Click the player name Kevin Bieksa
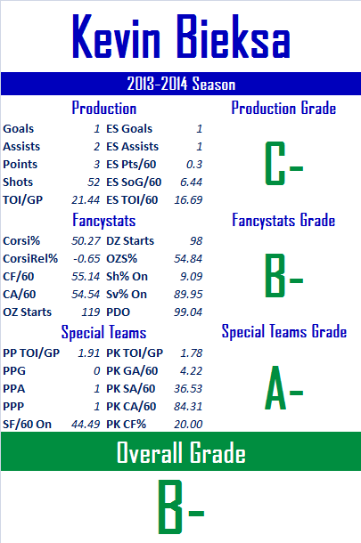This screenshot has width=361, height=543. (181, 36)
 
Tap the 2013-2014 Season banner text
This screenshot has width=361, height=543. (181, 84)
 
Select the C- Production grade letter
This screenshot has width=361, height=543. (284, 163)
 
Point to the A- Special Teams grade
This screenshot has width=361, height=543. (284, 388)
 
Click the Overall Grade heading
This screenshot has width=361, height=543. (181, 452)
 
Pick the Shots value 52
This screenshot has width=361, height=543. (94, 182)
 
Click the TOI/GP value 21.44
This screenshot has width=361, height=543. (86, 199)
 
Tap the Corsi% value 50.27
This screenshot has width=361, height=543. (86, 240)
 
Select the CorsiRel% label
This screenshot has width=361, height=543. (30, 259)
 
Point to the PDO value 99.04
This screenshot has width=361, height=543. (188, 312)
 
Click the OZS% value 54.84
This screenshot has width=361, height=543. (188, 259)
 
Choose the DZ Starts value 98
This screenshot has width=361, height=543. (196, 240)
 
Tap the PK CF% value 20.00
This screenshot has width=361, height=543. (188, 425)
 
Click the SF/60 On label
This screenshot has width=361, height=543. (27, 425)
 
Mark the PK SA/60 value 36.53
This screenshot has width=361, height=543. (188, 388)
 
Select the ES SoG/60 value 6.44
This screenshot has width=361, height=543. (191, 182)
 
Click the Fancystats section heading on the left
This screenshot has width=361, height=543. (103, 221)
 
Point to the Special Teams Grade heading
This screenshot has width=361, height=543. (284, 331)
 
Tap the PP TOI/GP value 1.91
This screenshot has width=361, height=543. (89, 353)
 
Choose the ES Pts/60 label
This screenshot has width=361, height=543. (131, 164)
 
